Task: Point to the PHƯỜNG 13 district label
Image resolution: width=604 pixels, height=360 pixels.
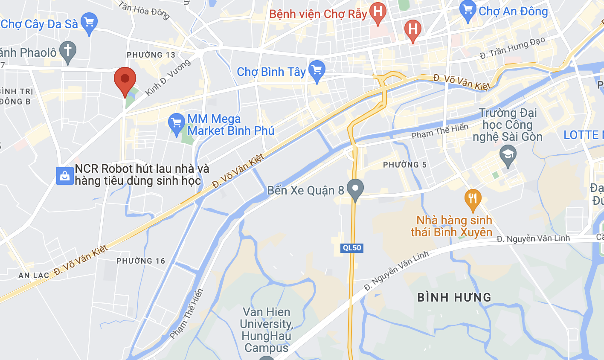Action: tap(151, 55)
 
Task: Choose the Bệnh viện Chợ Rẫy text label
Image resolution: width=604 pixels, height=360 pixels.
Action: tap(318, 14)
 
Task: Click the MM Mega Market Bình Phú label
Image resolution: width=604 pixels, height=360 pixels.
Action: tap(230, 125)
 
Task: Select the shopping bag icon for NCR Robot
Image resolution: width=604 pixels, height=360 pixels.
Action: tap(65, 175)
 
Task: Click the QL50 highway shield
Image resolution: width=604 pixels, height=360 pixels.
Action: tap(352, 248)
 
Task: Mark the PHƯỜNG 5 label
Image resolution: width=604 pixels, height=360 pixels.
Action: tap(404, 165)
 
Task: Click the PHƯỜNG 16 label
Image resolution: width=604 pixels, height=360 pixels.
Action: tap(141, 261)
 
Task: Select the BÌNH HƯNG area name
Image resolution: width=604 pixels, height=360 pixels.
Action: tap(454, 297)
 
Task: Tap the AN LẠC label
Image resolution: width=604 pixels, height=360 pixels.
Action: tap(34, 276)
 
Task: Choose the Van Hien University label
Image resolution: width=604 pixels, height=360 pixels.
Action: tap(266, 330)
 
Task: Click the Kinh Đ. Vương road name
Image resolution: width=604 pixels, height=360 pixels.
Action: tap(168, 77)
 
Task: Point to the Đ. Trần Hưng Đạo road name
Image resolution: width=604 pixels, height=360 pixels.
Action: tap(513, 47)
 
